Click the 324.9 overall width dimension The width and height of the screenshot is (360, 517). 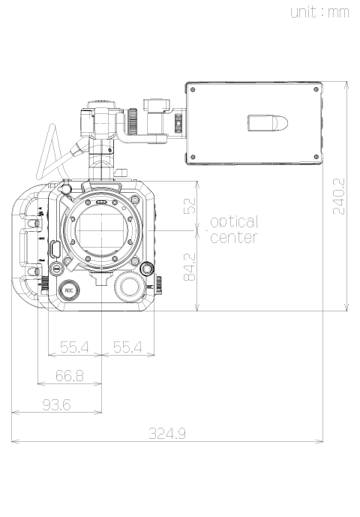(167, 433)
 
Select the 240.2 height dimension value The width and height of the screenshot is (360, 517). (339, 197)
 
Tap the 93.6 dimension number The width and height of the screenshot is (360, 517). (57, 404)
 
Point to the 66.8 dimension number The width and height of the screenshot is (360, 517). (70, 375)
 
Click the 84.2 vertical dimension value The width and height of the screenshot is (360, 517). (189, 266)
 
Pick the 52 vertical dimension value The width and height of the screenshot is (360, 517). (189, 206)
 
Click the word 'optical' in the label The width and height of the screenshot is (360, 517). (235, 222)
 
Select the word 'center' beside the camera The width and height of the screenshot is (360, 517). (234, 237)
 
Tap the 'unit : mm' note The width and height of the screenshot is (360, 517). (319, 12)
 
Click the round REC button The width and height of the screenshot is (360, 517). (69, 290)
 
